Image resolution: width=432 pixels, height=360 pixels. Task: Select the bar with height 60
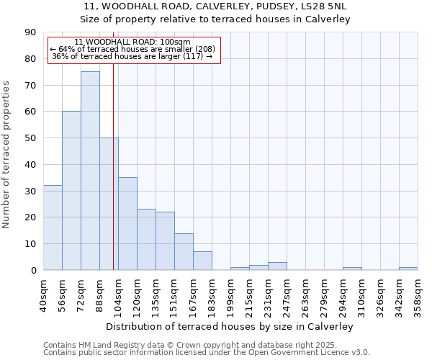pyautogui.click(x=71, y=191)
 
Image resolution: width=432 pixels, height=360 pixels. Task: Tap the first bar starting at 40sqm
pyautogui.click(x=53, y=228)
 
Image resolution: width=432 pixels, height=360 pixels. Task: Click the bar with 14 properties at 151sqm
pyautogui.click(x=184, y=252)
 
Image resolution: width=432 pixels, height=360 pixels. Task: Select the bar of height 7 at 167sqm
pyautogui.click(x=202, y=261)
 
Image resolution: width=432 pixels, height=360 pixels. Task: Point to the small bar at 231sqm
pyautogui.click(x=277, y=266)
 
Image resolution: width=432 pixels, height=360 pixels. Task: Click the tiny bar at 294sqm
pyautogui.click(x=352, y=269)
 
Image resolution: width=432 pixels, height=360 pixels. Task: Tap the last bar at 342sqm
pyautogui.click(x=408, y=269)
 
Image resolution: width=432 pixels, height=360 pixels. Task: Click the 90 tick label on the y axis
pyautogui.click(x=30, y=32)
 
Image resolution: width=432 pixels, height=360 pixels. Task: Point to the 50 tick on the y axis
pyautogui.click(x=30, y=138)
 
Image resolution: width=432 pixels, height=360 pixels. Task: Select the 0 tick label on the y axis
pyautogui.click(x=33, y=271)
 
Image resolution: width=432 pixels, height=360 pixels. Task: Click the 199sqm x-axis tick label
pyautogui.click(x=230, y=292)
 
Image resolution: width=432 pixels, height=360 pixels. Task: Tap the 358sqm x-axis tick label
pyautogui.click(x=418, y=292)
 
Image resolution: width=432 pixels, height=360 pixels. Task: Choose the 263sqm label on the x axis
pyautogui.click(x=305, y=292)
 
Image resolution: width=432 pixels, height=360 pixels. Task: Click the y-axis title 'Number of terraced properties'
pyautogui.click(x=7, y=154)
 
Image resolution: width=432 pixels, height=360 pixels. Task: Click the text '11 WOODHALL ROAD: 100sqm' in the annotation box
pyautogui.click(x=132, y=42)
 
